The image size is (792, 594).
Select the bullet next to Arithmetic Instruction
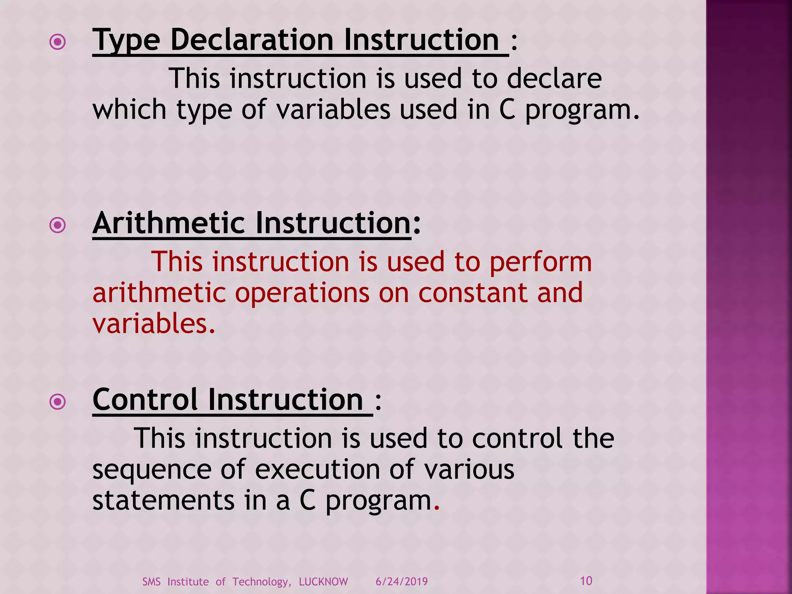(x=58, y=225)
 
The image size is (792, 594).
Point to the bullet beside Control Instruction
(x=58, y=402)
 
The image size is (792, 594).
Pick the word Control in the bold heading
(x=145, y=400)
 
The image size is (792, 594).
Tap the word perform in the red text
(x=540, y=262)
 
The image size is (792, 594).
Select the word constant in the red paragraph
(x=472, y=293)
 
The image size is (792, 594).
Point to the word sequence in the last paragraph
(x=152, y=470)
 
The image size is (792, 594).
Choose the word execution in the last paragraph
(x=317, y=469)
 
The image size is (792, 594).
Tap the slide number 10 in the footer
(x=586, y=581)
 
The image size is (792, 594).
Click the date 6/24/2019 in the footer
(x=401, y=582)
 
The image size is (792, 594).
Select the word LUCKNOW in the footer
(x=323, y=582)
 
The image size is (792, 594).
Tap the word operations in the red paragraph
(x=302, y=293)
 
